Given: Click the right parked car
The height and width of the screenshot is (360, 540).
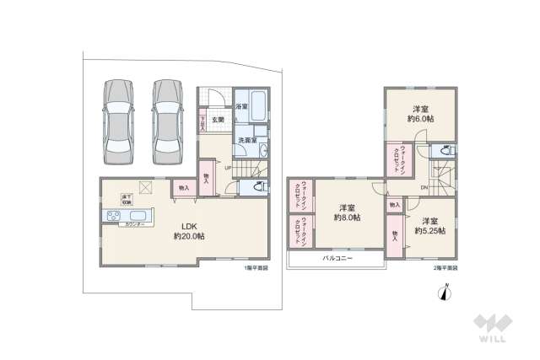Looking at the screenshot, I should tap(167, 121).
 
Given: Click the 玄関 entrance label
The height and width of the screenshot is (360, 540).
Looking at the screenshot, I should tap(217, 120).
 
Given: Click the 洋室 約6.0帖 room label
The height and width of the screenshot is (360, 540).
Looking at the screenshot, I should tap(421, 115).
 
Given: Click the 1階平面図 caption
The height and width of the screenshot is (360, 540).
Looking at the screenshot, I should tap(256, 268).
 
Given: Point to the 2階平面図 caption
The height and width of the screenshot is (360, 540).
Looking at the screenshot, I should tap(445, 268).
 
